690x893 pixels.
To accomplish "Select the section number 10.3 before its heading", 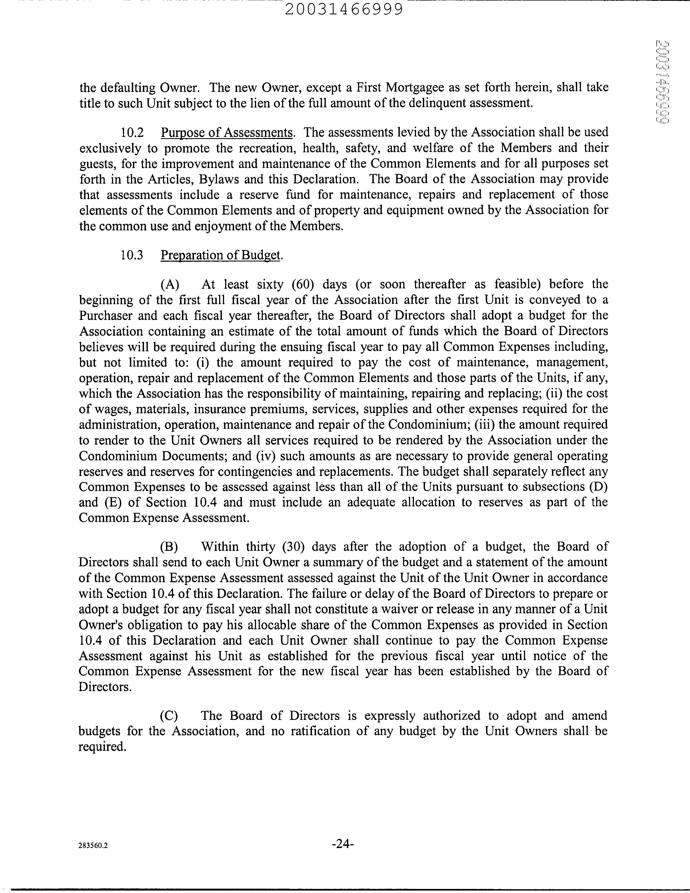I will click(x=132, y=255).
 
